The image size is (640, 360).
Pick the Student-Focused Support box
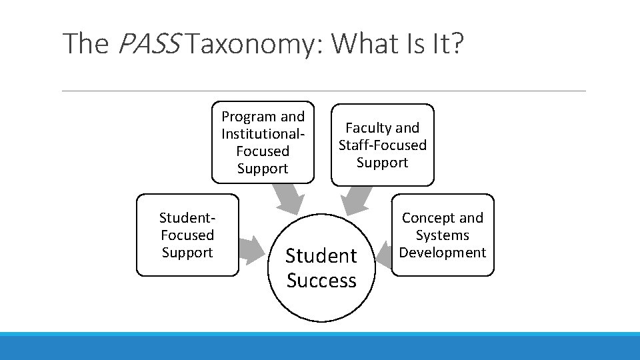click(187, 235)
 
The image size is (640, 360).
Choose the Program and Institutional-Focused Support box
click(263, 143)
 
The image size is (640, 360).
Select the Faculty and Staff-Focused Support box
click(383, 145)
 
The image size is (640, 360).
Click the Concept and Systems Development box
click(443, 235)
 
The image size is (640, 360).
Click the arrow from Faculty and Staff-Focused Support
click(356, 199)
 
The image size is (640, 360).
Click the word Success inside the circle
click(321, 281)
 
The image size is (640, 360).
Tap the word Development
click(443, 253)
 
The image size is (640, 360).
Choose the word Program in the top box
click(249, 117)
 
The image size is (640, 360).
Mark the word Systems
click(443, 235)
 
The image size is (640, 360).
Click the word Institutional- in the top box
click(263, 134)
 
